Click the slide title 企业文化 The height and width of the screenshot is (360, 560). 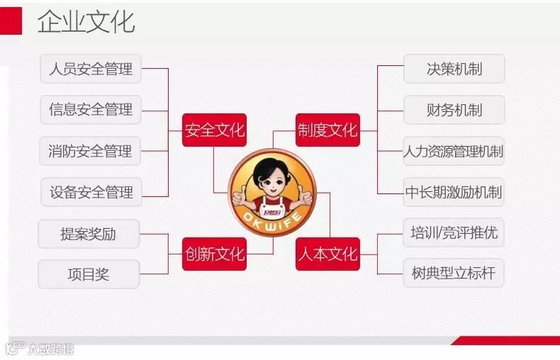click(x=86, y=22)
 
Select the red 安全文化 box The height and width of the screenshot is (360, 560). click(x=214, y=130)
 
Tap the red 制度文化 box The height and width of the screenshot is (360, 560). click(x=327, y=130)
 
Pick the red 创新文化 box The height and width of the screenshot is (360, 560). click(x=214, y=253)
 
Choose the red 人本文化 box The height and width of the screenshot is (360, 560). click(x=327, y=253)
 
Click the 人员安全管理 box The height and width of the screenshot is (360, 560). click(x=90, y=69)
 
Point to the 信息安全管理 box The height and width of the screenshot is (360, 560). click(x=90, y=110)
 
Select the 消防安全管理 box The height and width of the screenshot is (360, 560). click(x=90, y=151)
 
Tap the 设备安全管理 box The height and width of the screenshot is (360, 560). click(x=90, y=192)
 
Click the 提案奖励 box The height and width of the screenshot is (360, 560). click(x=89, y=234)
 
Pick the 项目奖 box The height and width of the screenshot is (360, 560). click(x=89, y=274)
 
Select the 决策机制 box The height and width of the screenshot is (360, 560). click(x=454, y=69)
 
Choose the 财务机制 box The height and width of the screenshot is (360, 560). click(x=454, y=110)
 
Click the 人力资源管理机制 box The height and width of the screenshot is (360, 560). click(x=454, y=151)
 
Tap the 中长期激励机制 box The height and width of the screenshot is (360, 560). click(x=454, y=192)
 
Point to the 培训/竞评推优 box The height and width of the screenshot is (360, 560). click(x=454, y=232)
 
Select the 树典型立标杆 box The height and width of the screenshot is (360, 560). click(x=454, y=273)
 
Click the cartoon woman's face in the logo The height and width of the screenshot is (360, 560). click(x=271, y=177)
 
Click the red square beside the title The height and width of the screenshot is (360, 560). click(x=11, y=21)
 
